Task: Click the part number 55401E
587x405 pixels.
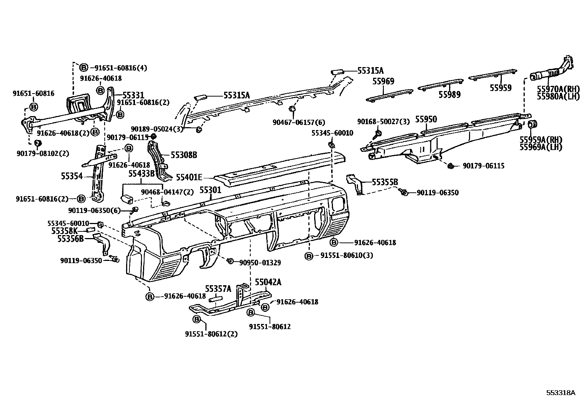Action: click(x=189, y=178)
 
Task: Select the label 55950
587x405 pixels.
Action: click(x=426, y=119)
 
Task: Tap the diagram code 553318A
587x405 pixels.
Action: click(x=560, y=393)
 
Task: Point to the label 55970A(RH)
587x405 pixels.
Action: click(x=558, y=89)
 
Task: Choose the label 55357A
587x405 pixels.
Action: click(x=218, y=289)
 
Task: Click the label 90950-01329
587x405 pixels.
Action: click(x=260, y=263)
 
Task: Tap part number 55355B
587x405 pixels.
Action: click(x=385, y=182)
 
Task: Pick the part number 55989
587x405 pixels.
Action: click(x=449, y=95)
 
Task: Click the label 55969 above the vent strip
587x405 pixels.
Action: click(x=383, y=81)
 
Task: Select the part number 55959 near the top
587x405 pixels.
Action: click(x=500, y=88)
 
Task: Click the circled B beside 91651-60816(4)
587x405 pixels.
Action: click(x=84, y=67)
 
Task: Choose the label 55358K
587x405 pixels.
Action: click(x=65, y=231)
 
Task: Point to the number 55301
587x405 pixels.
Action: click(x=210, y=190)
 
